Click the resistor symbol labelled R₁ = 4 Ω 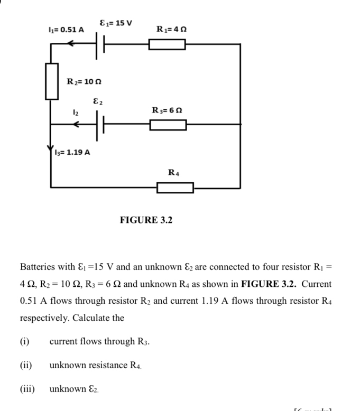click(167, 44)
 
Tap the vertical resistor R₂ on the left click(51, 81)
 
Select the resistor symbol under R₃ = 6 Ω click(168, 125)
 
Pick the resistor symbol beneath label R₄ click(175, 188)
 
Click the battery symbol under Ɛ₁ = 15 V click(100, 45)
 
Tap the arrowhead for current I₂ click(77, 125)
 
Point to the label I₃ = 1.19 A click(72, 153)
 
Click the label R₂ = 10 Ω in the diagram click(84, 81)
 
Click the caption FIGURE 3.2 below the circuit click(146, 220)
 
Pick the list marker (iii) click(27, 389)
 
